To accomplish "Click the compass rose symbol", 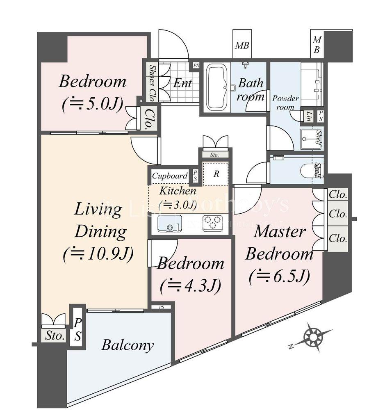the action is [x=314, y=337].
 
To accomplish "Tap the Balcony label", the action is [x=128, y=345].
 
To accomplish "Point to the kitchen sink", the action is [x=168, y=224].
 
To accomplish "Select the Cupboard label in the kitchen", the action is [x=170, y=176].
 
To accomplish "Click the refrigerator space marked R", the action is [x=216, y=173].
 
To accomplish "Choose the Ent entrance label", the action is [x=182, y=83].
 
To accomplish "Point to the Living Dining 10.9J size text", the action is [x=98, y=254].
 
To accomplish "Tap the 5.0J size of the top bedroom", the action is [x=93, y=105].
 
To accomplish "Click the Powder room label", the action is [x=286, y=103].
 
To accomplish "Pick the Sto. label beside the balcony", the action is [x=55, y=336].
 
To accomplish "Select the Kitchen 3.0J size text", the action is [x=178, y=204].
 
